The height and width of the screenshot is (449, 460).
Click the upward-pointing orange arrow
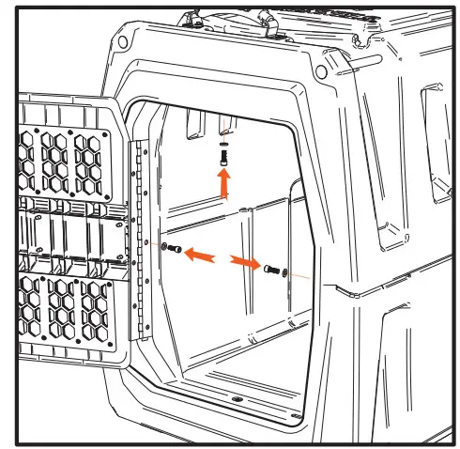(223, 185)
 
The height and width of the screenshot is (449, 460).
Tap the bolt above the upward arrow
(223, 161)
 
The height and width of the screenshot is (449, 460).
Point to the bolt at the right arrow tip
(272, 271)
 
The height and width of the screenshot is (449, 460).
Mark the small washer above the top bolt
(223, 147)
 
